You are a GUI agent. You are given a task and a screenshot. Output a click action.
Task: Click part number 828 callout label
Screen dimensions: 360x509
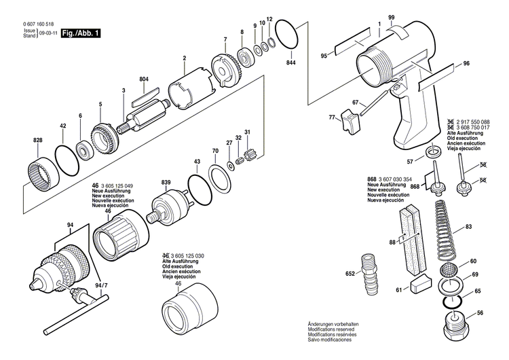(37, 141)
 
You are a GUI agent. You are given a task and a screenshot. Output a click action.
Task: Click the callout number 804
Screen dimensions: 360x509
(143, 79)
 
